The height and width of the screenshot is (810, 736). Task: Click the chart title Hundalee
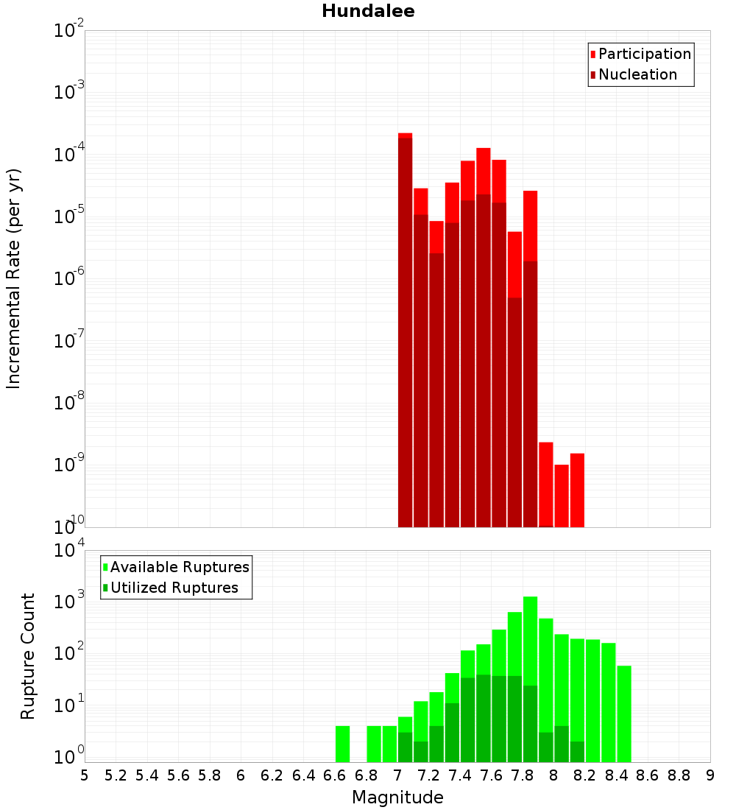pos(368,11)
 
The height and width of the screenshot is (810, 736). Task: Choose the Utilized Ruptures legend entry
pos(174,588)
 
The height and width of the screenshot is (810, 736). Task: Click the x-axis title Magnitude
pos(397,797)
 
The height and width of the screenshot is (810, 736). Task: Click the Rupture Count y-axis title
pos(28,655)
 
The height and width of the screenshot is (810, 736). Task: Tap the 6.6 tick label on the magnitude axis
pos(335,775)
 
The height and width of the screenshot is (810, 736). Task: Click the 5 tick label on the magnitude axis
pos(85,775)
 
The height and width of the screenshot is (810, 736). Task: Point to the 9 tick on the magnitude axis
pos(710,775)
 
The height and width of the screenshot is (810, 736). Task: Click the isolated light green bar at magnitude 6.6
pos(342,744)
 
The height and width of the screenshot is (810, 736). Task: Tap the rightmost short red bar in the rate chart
pos(577,490)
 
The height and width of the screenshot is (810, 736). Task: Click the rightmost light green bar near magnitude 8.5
pos(624,713)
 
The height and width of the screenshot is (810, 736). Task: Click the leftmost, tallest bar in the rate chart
pos(405,331)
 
